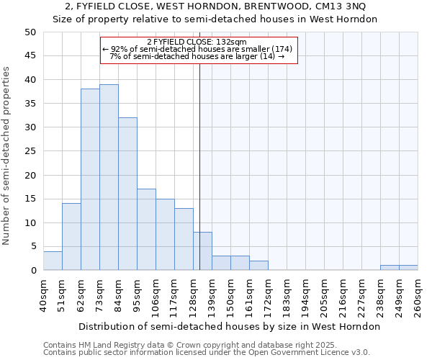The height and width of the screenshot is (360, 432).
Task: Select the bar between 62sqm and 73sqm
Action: [90, 179]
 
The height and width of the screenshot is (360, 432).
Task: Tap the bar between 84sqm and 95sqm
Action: [127, 194]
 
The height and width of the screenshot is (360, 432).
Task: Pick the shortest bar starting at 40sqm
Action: [53, 261]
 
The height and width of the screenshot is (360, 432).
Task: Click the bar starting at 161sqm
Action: [258, 266]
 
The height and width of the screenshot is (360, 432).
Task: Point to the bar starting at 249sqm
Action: [408, 268]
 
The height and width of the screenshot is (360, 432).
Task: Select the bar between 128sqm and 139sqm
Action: [202, 251]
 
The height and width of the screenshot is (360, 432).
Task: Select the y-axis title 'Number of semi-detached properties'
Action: [7, 156]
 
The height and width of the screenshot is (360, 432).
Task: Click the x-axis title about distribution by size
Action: [229, 326]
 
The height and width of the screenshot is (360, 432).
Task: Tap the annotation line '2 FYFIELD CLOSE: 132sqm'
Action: [197, 42]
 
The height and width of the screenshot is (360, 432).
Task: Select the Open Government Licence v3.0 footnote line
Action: [207, 353]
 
